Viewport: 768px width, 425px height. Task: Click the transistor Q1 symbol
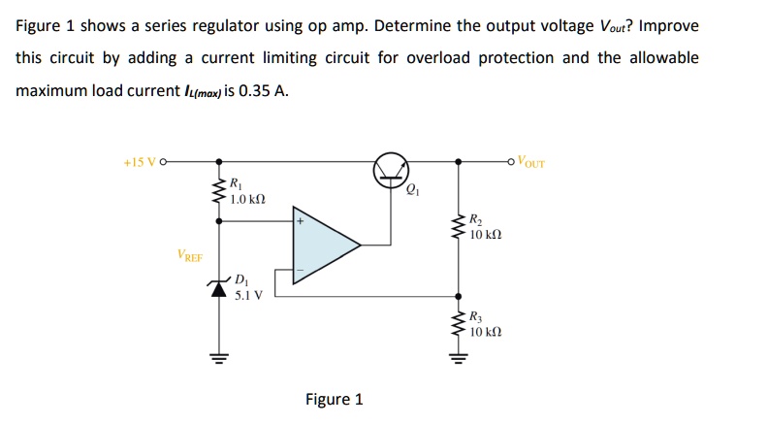coord(391,171)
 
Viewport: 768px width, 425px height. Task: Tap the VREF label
coord(190,256)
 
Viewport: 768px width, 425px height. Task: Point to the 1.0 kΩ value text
coord(249,198)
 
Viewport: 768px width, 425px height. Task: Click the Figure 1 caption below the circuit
coord(334,399)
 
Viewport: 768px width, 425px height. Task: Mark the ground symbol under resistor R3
coord(458,358)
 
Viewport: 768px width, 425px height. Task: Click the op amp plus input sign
coord(301,221)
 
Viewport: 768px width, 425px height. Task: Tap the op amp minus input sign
coord(301,269)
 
